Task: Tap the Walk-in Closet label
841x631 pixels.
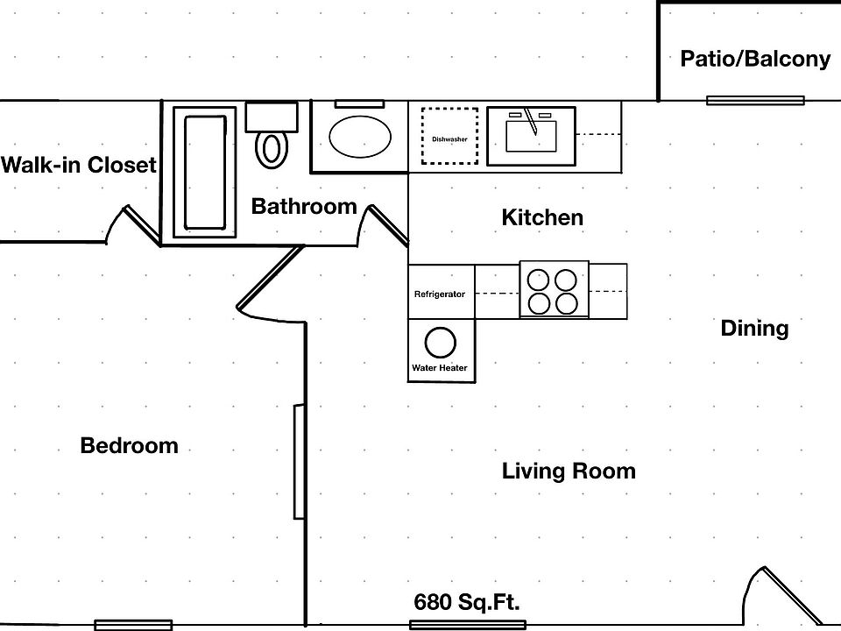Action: click(79, 165)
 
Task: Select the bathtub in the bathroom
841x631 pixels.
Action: click(205, 172)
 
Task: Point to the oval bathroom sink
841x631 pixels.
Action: click(360, 137)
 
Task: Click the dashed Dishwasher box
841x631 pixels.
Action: click(449, 136)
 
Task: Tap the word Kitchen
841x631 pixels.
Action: click(542, 217)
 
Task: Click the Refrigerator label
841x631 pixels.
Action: click(440, 294)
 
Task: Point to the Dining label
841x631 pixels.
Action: click(754, 329)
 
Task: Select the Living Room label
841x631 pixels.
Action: click(569, 471)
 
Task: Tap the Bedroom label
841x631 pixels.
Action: click(129, 446)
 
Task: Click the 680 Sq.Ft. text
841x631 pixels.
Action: click(467, 603)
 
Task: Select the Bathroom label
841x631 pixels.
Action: click(304, 207)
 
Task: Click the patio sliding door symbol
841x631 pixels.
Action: click(755, 100)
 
